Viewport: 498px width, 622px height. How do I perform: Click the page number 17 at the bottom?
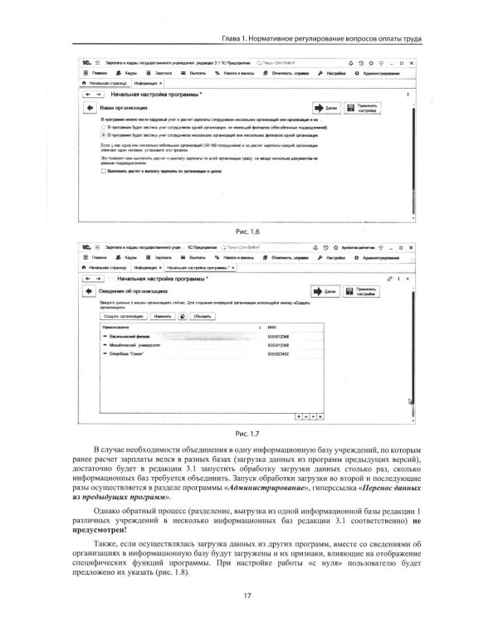(x=247, y=594)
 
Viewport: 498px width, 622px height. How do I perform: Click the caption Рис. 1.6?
(x=248, y=231)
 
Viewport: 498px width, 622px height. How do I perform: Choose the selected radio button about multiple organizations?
(x=103, y=133)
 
